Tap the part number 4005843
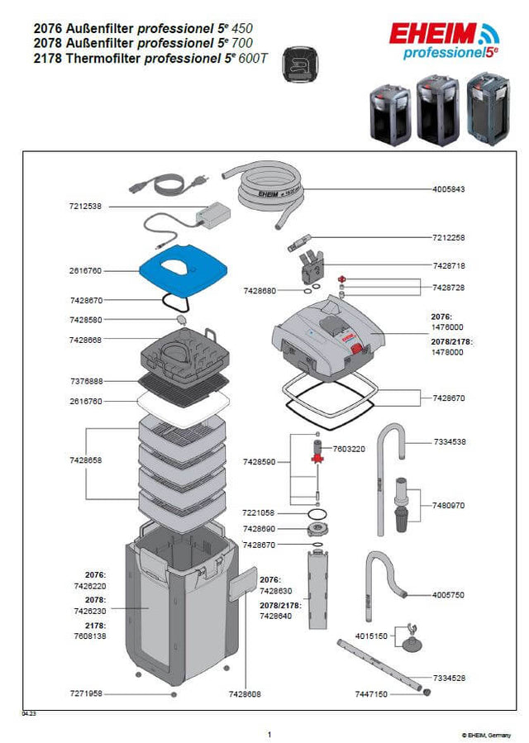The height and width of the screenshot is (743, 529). (x=449, y=189)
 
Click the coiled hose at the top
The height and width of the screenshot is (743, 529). (x=270, y=194)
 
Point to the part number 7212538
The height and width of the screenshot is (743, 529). (x=85, y=207)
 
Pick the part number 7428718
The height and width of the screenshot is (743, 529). (x=449, y=266)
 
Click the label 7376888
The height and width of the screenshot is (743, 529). (x=85, y=381)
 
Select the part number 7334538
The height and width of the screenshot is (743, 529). (x=449, y=442)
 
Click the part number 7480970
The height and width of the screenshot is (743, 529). (x=449, y=505)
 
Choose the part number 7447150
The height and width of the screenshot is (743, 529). (x=372, y=695)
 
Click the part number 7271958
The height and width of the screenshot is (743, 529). (x=85, y=694)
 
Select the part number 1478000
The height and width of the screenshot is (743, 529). (x=447, y=352)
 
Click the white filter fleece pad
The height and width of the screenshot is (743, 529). (x=183, y=405)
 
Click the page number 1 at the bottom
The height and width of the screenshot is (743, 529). (x=269, y=734)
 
